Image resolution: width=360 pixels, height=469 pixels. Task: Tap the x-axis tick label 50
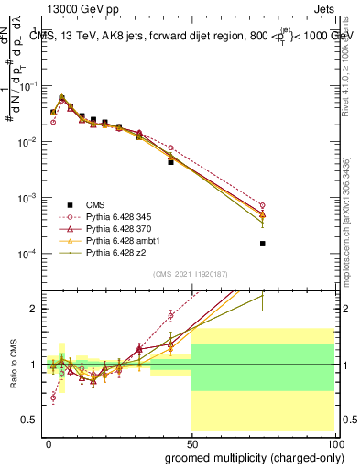[191, 442]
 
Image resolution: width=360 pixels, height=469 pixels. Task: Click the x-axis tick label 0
[49, 442]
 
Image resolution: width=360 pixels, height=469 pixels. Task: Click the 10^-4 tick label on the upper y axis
[30, 254]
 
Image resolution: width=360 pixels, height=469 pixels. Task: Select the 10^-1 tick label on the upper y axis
[30, 86]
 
